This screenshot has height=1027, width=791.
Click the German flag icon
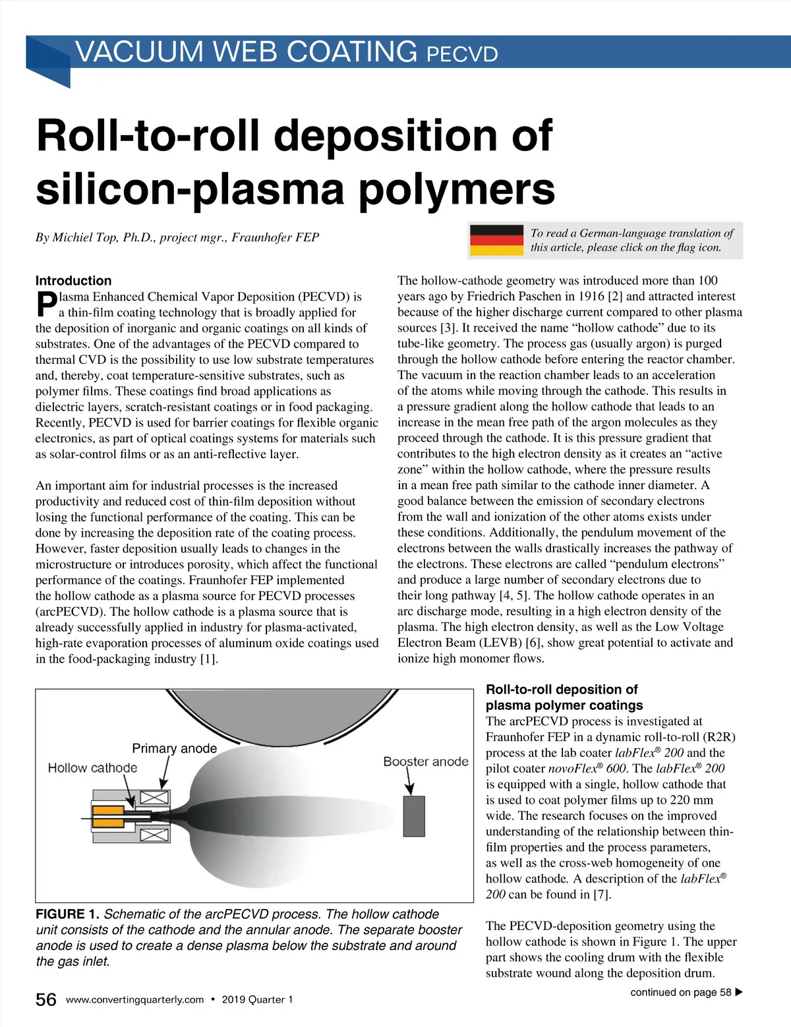point(496,240)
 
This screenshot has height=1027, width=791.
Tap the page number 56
point(46,999)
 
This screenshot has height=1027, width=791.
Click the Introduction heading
point(73,280)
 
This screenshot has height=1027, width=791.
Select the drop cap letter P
point(46,304)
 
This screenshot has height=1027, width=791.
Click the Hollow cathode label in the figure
point(92,768)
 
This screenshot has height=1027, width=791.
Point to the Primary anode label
point(174,748)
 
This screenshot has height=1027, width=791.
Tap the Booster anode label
point(426,761)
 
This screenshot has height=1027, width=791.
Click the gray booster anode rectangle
point(414,816)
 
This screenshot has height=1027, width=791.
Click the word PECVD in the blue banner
point(462,53)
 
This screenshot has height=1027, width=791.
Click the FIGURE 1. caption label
point(67,914)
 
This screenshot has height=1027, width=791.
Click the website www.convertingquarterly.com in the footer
point(135,999)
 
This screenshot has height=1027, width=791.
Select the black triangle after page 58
point(739,992)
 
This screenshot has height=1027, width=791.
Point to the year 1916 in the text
point(591,296)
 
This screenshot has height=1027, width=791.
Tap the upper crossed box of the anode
point(154,798)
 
